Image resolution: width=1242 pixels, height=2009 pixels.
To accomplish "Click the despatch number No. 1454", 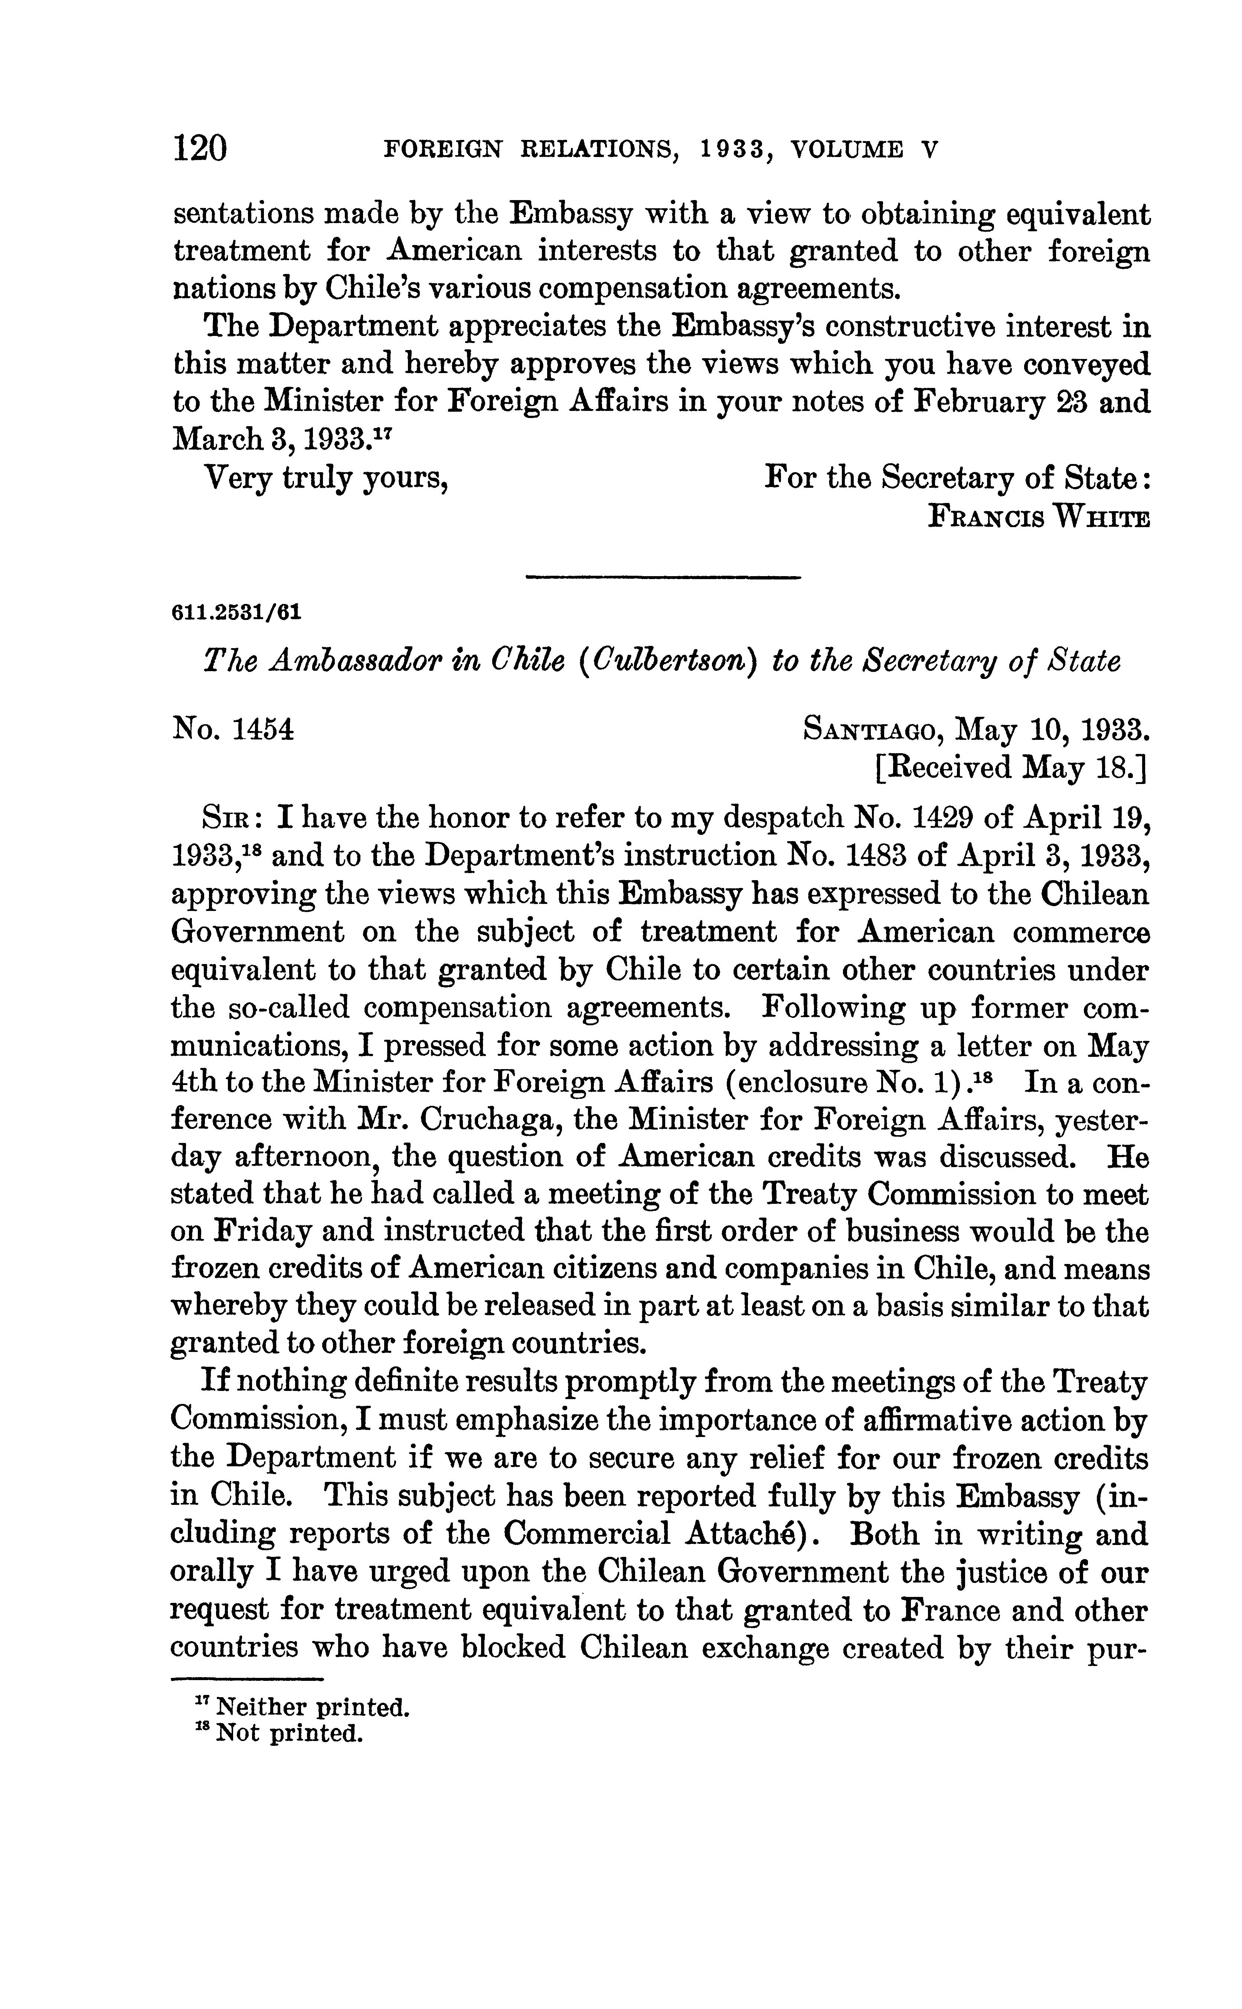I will point(233,729).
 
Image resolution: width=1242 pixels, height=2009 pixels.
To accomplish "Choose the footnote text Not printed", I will point(288,1734).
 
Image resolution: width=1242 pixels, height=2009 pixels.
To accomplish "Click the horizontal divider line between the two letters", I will point(662,578).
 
